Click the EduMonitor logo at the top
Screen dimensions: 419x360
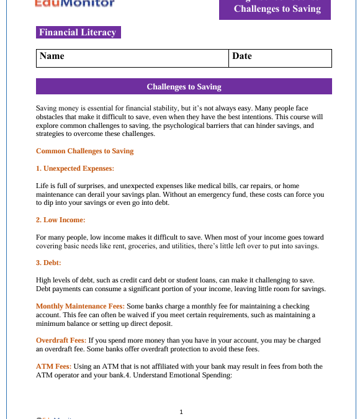pyautogui.click(x=74, y=4)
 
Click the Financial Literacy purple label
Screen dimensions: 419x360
pyautogui.click(x=78, y=32)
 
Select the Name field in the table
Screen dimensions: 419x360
pyautogui.click(x=132, y=58)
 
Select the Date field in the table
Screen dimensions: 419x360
pyautogui.click(x=280, y=58)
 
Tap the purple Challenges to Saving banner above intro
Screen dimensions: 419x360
pyautogui.click(x=184, y=87)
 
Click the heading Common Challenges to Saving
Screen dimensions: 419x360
pyautogui.click(x=84, y=151)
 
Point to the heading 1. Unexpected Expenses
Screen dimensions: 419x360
pyautogui.click(x=75, y=168)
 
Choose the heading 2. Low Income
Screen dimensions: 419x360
pyautogui.click(x=60, y=220)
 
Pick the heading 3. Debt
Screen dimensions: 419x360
pyautogui.click(x=48, y=263)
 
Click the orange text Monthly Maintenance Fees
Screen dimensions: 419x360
pyautogui.click(x=80, y=306)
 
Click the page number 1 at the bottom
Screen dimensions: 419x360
pyautogui.click(x=181, y=412)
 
